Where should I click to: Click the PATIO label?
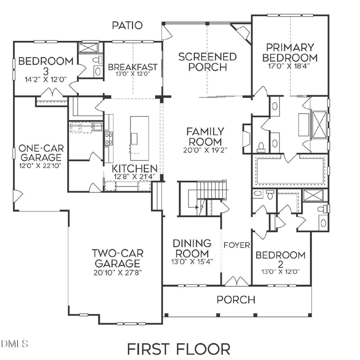[127, 25]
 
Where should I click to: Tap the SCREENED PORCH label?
[207, 62]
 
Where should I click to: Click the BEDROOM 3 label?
[46, 61]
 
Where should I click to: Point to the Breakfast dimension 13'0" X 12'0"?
[132, 75]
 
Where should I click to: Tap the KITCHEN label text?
[135, 169]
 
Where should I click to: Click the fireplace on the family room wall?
[246, 135]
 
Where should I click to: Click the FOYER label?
[237, 245]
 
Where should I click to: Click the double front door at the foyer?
[236, 281]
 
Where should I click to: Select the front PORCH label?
[236, 299]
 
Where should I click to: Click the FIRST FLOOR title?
[178, 349]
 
